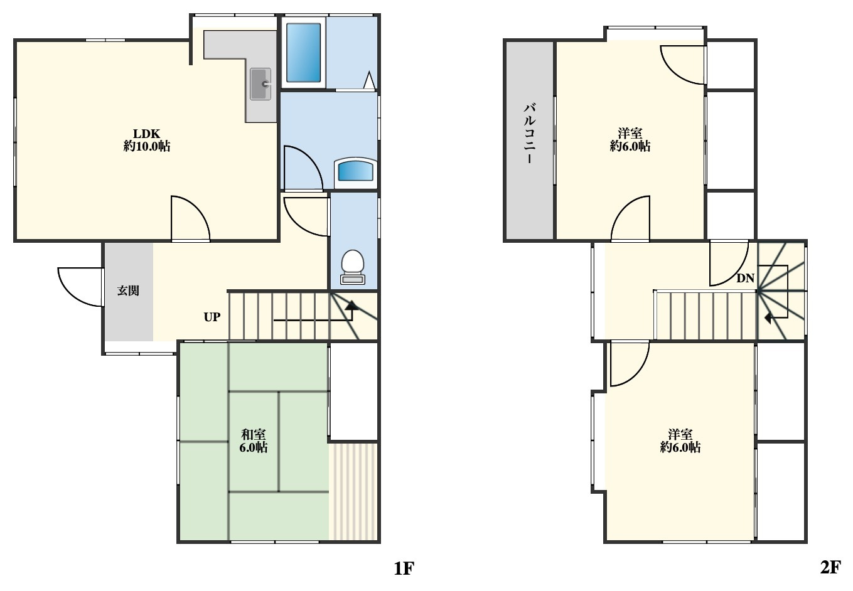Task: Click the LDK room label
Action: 147,140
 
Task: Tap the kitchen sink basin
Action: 260,83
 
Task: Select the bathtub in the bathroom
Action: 304,53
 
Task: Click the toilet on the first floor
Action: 353,267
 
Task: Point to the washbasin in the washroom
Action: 355,171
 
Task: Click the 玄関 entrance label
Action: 128,290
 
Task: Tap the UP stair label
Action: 212,317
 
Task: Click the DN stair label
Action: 745,279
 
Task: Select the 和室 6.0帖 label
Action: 253,440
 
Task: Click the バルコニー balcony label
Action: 529,134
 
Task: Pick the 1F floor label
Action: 404,568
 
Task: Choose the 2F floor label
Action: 830,568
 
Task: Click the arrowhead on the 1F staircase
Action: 351,304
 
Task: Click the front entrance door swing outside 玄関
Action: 79,287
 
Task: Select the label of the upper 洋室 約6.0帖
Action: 630,140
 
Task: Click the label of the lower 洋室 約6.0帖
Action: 680,440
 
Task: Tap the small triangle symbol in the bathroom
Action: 369,80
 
